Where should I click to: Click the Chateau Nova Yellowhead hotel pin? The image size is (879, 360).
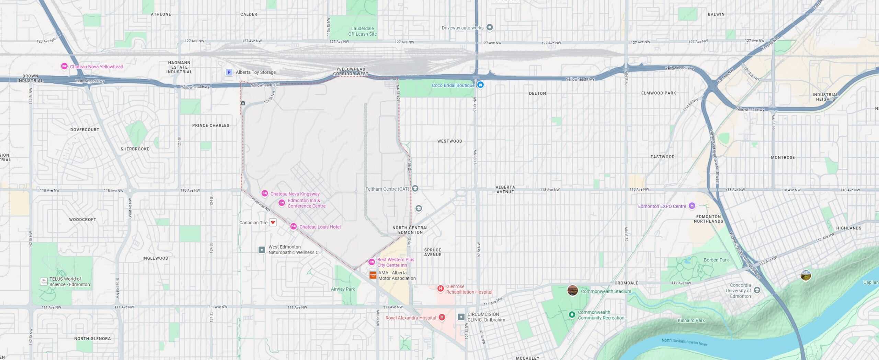pos(64,66)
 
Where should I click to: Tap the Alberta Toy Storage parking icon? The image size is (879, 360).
pos(229,72)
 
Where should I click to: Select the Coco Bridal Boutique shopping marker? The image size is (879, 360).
pos(480,85)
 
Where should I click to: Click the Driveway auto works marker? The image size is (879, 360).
pos(490,27)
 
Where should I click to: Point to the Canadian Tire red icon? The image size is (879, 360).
pos(273,222)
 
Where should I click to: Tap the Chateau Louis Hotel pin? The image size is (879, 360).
pos(294,226)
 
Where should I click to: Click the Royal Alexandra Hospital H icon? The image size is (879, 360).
pos(442,317)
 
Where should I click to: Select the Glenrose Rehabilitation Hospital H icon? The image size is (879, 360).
pos(441,289)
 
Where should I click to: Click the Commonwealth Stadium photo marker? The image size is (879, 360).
pos(572,290)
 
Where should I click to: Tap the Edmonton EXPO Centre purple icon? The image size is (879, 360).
pos(692,206)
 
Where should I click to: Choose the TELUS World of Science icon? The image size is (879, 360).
pos(44,281)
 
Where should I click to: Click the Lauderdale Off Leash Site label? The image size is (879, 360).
pos(362,31)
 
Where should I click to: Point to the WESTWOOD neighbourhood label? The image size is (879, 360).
pos(449,141)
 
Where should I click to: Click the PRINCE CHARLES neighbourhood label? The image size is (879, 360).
pos(210,125)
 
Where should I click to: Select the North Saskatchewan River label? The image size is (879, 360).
pos(684,342)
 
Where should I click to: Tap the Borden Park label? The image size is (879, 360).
pos(716,260)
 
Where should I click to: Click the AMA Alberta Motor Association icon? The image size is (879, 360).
pos(373,275)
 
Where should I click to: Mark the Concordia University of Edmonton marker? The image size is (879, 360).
pos(757,290)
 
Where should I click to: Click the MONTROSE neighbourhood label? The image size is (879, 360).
pos(783,157)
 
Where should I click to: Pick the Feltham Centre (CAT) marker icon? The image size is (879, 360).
pos(415,188)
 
